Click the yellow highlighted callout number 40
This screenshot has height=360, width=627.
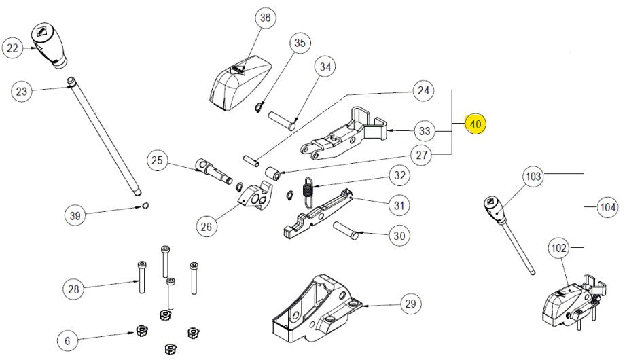pos(476,124)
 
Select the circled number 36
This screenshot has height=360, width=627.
pos(265,18)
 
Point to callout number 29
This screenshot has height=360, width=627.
pos(409,304)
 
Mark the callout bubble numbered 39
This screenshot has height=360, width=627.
pos(75,216)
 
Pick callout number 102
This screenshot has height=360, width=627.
pos(558,249)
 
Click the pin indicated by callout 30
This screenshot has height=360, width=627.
pos(345,230)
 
